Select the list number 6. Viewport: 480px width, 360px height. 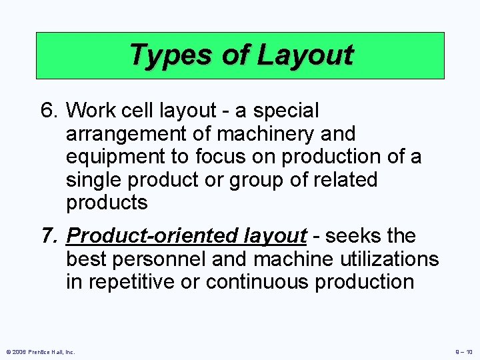pos(48,110)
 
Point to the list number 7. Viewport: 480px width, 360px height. pos(48,236)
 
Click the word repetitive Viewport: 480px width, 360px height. pos(136,282)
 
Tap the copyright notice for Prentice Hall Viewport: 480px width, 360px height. pos(41,351)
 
